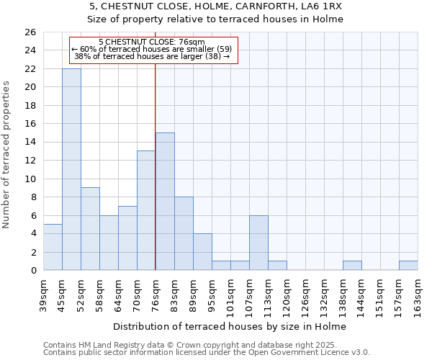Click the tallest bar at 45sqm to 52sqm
coord(71,169)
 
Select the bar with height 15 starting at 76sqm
coord(165,202)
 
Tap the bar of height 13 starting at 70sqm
coord(146,210)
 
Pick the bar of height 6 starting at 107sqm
coord(258,243)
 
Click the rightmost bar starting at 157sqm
coord(408,266)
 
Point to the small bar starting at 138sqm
coord(352,266)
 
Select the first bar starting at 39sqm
coord(53,247)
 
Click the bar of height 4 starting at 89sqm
coord(202,252)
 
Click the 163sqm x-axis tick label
coord(418,295)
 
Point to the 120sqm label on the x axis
coord(287,295)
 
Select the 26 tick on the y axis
coord(30,32)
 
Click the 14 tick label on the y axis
coord(30,143)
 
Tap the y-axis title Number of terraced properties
coord(6,155)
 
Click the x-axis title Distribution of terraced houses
coord(230,326)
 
